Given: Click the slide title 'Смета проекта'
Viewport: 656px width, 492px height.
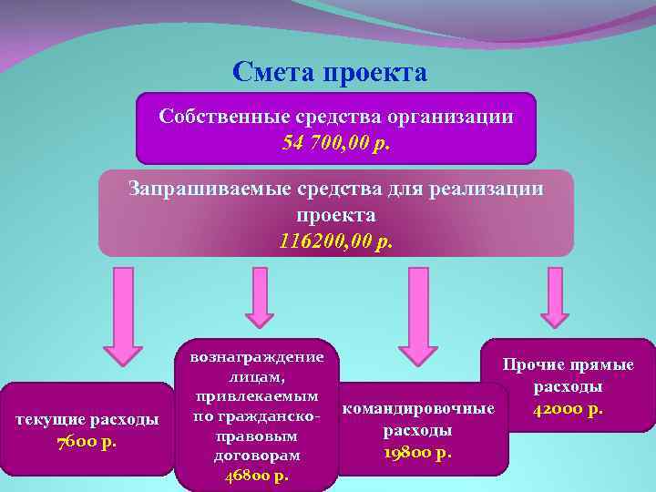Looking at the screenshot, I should click(x=329, y=71).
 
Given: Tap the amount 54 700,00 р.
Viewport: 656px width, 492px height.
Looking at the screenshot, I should click(x=336, y=142).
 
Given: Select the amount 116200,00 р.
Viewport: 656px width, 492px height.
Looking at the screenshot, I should click(x=336, y=241).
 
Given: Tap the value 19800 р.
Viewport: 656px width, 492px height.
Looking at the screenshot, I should click(x=418, y=452).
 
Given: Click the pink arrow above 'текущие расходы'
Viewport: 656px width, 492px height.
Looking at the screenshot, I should click(x=122, y=314).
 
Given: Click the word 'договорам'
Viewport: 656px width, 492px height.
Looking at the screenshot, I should click(x=259, y=455).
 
